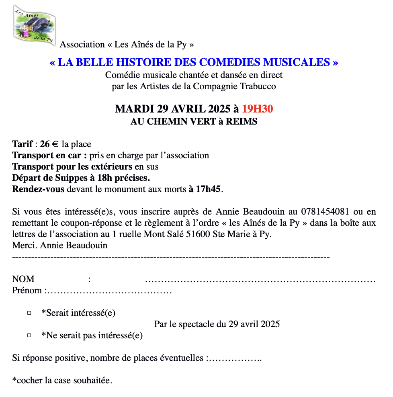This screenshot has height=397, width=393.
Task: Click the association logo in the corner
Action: (x=35, y=23)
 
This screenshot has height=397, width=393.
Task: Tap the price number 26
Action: (x=44, y=144)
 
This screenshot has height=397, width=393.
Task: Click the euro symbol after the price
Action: (x=55, y=145)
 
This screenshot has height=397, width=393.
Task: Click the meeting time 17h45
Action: (x=208, y=189)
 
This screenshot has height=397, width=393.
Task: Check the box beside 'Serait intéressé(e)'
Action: (x=29, y=313)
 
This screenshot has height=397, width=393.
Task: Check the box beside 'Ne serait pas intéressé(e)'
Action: (x=29, y=335)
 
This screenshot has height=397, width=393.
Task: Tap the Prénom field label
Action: (x=27, y=290)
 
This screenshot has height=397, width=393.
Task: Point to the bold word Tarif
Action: (x=23, y=144)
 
